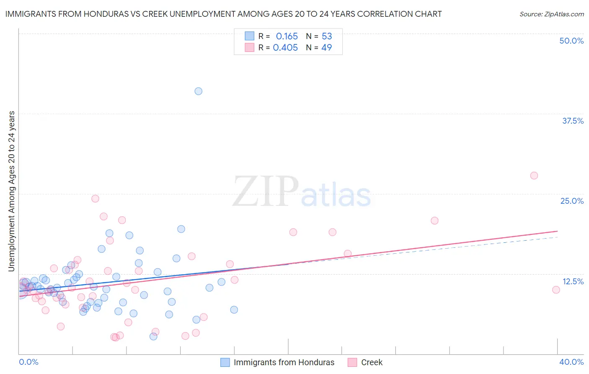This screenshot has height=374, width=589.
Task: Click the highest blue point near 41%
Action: pos(199,91)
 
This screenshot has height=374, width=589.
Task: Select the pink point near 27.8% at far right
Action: pos(534,176)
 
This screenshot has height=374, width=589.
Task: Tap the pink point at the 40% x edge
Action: pos(556,290)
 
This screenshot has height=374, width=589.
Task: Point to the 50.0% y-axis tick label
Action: pos(571,41)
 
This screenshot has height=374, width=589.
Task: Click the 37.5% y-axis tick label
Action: pos(573,121)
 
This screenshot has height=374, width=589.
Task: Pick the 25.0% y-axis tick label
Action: pos(572,201)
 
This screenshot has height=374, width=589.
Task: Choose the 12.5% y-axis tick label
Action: pos(573,281)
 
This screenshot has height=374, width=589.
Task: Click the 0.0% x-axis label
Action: pos(28,362)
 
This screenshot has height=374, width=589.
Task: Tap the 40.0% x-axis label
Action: pos(571,362)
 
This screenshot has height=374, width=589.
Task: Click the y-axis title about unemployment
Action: pos(11,191)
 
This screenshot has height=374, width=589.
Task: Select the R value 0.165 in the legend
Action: pos(287,36)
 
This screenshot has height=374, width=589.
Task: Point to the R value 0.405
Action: pos(285,48)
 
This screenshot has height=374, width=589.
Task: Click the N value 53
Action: pos(327,36)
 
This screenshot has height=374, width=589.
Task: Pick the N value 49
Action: pos(326,48)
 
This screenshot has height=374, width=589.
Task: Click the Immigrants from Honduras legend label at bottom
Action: pos(284,362)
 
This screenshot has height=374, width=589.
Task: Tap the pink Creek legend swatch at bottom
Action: pos(352,362)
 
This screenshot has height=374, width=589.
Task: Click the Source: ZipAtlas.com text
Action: pos(551,14)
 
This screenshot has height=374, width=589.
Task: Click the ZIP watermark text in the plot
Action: pos(266,192)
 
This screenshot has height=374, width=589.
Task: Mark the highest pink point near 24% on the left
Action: pos(95,199)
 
